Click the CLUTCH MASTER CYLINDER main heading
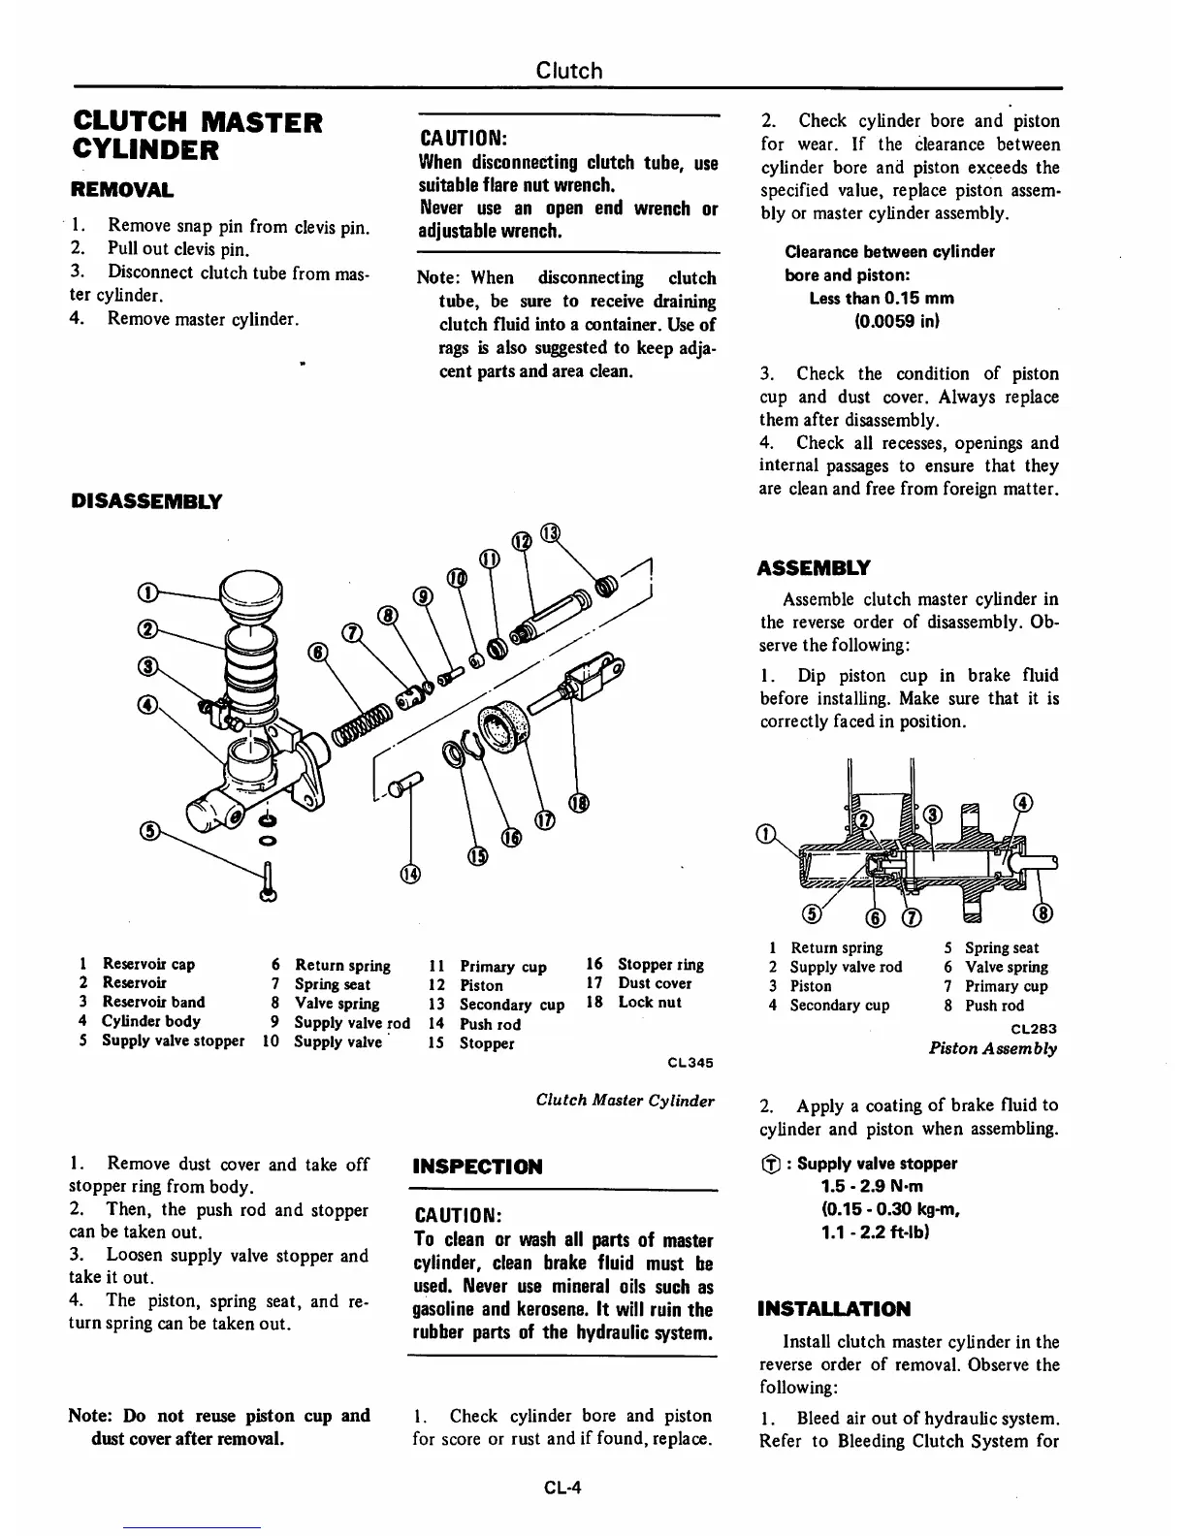[198, 136]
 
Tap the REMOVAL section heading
[121, 189]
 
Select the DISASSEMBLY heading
[146, 501]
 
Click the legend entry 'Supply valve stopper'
[173, 1040]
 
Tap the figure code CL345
[690, 1062]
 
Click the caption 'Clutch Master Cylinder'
[625, 1100]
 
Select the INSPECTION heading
[477, 1167]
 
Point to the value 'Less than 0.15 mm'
[881, 298]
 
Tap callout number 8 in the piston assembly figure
[1045, 913]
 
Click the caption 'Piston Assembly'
[992, 1047]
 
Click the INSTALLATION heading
[834, 1309]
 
